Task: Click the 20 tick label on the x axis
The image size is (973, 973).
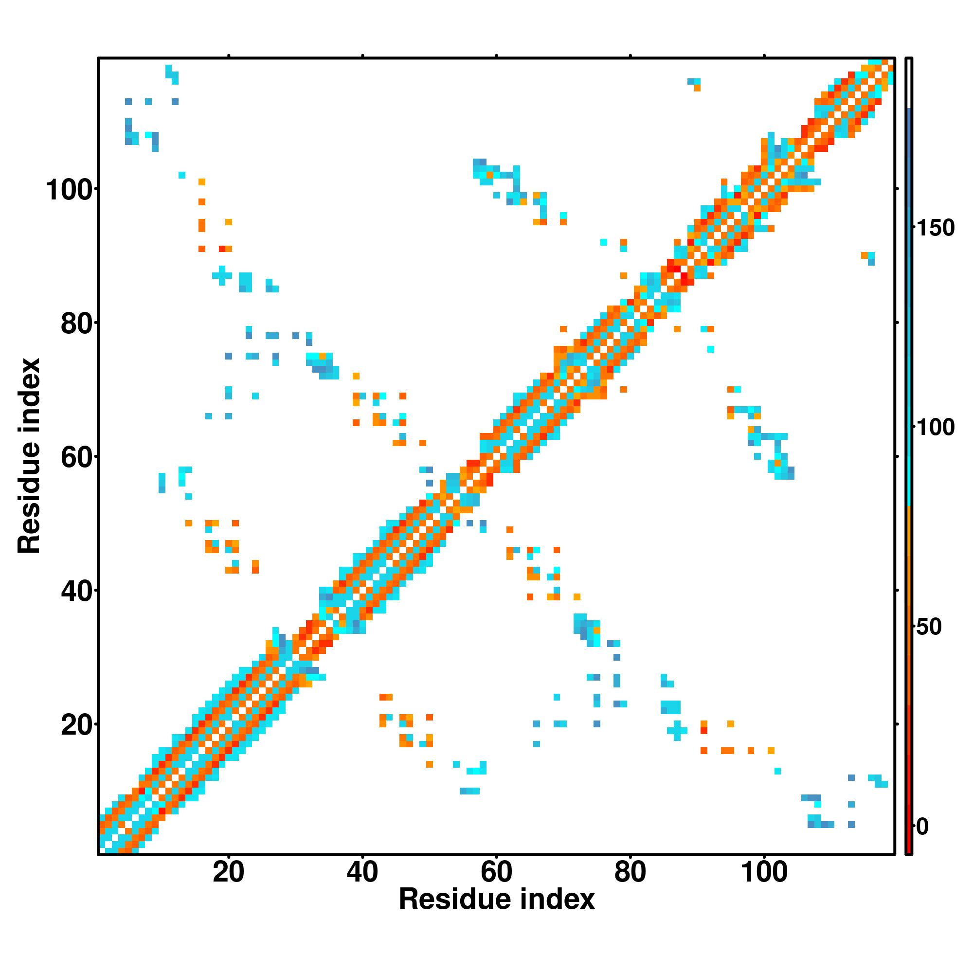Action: pyautogui.click(x=228, y=872)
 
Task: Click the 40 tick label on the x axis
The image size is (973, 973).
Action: pyautogui.click(x=362, y=872)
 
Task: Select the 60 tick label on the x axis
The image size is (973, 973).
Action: pyautogui.click(x=496, y=872)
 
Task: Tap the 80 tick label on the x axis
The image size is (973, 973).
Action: pyautogui.click(x=630, y=872)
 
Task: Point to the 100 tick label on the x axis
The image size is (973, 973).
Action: pyautogui.click(x=764, y=872)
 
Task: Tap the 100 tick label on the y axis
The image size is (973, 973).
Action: pyautogui.click(x=71, y=190)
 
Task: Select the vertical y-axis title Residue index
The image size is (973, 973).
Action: pyautogui.click(x=29, y=456)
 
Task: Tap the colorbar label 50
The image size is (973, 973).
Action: pyautogui.click(x=930, y=627)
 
